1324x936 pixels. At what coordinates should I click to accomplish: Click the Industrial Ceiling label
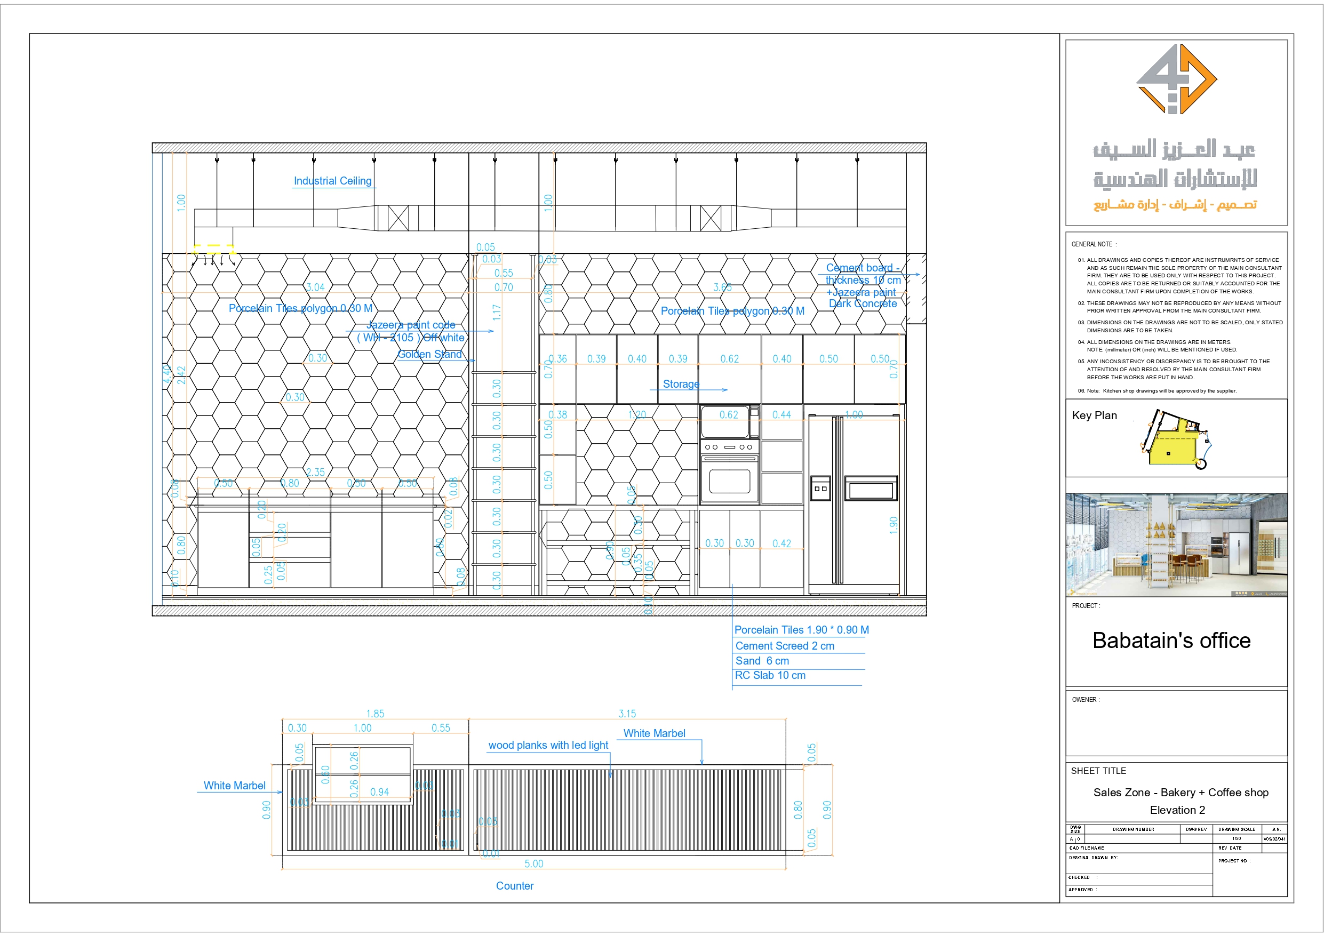pos(332,181)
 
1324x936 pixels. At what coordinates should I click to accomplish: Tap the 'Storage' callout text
pos(681,384)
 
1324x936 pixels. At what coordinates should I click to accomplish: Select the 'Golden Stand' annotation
pos(429,355)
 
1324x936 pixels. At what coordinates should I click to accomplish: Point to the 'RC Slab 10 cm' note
pos(770,675)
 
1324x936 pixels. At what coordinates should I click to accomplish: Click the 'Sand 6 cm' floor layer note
pos(762,661)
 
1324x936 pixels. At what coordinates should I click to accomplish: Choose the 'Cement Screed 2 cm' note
pos(784,646)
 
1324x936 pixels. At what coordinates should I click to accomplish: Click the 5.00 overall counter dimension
pos(533,863)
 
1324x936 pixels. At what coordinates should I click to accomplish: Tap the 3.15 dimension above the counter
pos(627,714)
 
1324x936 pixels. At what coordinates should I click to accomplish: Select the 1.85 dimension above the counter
pos(375,714)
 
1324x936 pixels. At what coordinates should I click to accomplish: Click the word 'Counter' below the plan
pos(514,886)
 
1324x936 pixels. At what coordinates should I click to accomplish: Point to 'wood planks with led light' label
pos(548,745)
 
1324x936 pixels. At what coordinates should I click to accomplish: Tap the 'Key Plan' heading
pos(1094,416)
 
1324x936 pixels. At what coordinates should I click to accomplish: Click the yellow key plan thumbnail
pos(1174,441)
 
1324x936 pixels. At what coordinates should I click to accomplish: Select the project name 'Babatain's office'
pos(1171,641)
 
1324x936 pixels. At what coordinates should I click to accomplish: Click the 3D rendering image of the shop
pos(1176,545)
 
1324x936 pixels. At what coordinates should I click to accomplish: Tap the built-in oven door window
pos(729,482)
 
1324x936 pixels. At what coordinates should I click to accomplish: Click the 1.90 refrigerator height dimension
pos(893,525)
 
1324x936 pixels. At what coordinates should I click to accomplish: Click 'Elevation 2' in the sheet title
pos(1177,810)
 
